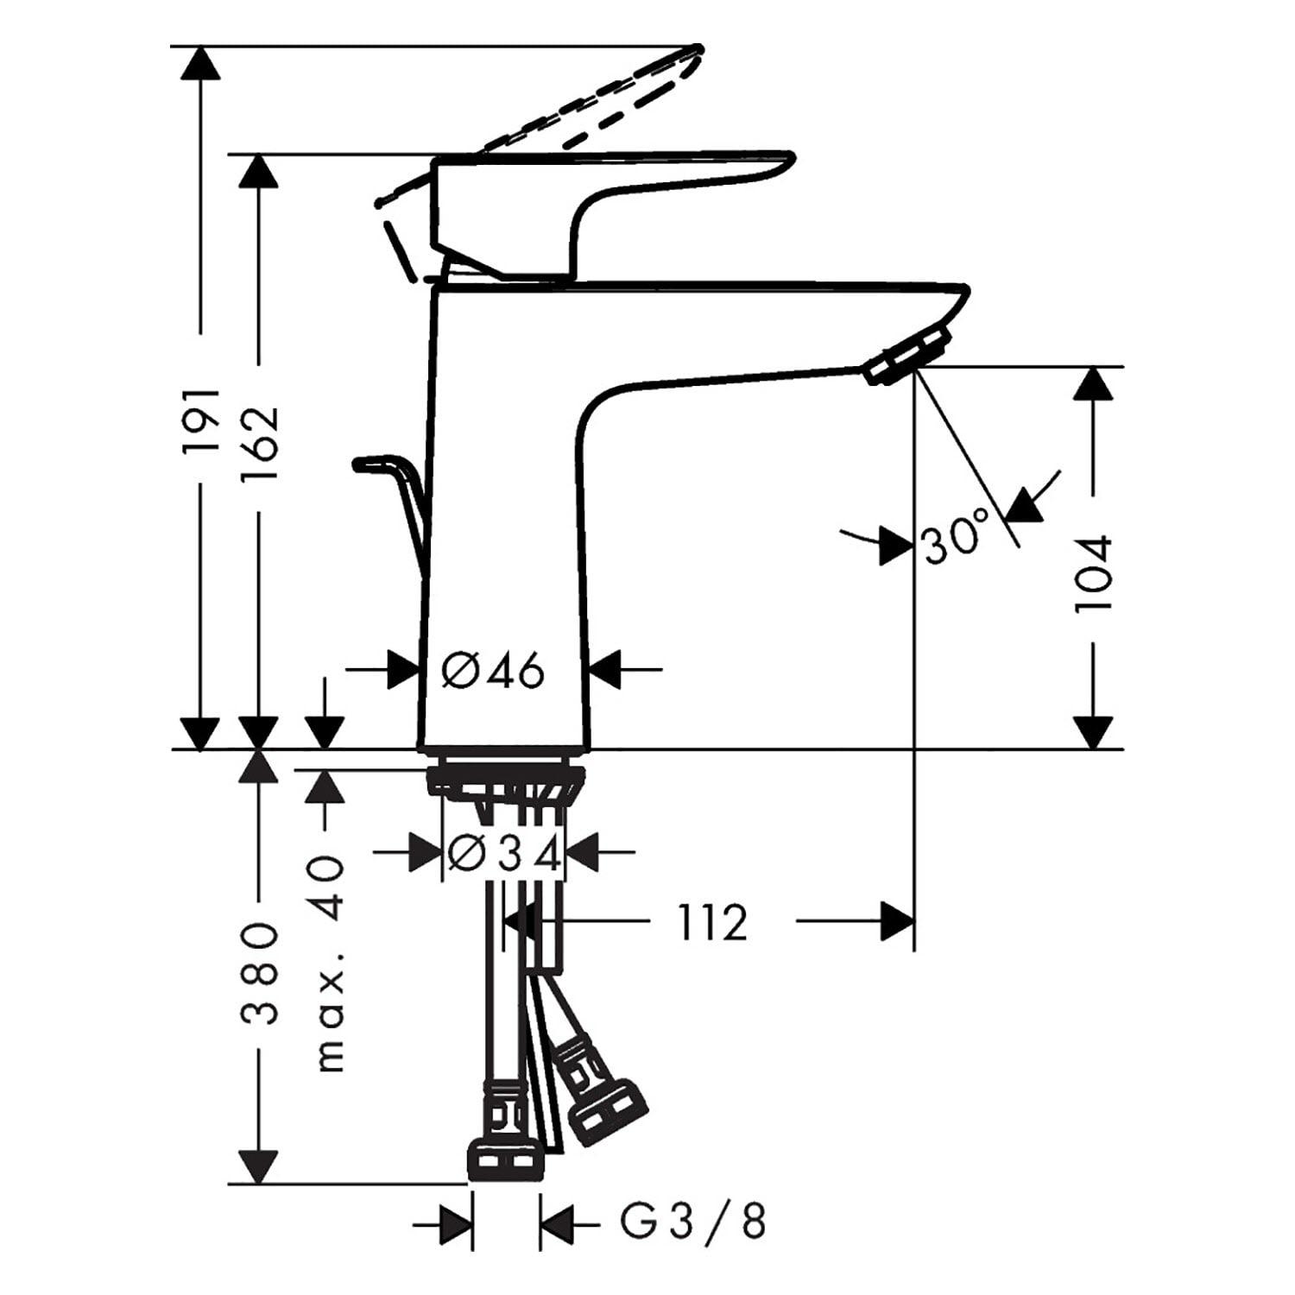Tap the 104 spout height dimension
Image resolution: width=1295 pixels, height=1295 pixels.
click(1093, 574)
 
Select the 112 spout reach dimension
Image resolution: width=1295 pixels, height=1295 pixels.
click(711, 922)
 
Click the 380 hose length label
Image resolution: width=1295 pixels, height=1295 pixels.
click(259, 974)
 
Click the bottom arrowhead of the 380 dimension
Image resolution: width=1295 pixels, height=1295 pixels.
click(257, 1166)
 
